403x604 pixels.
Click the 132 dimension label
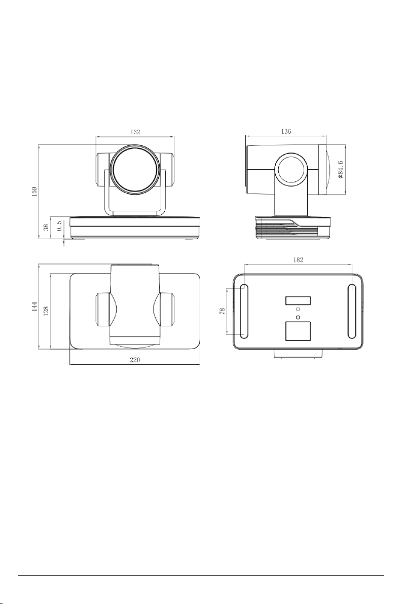pos(135,132)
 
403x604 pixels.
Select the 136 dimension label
pos(285,131)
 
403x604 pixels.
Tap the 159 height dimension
pos(34,192)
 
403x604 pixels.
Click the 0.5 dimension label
pos(59,225)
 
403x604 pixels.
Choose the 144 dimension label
pos(34,306)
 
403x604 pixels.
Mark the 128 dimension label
pos(46,311)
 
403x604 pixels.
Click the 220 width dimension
pos(134,360)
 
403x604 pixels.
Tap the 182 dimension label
pos(298,260)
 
